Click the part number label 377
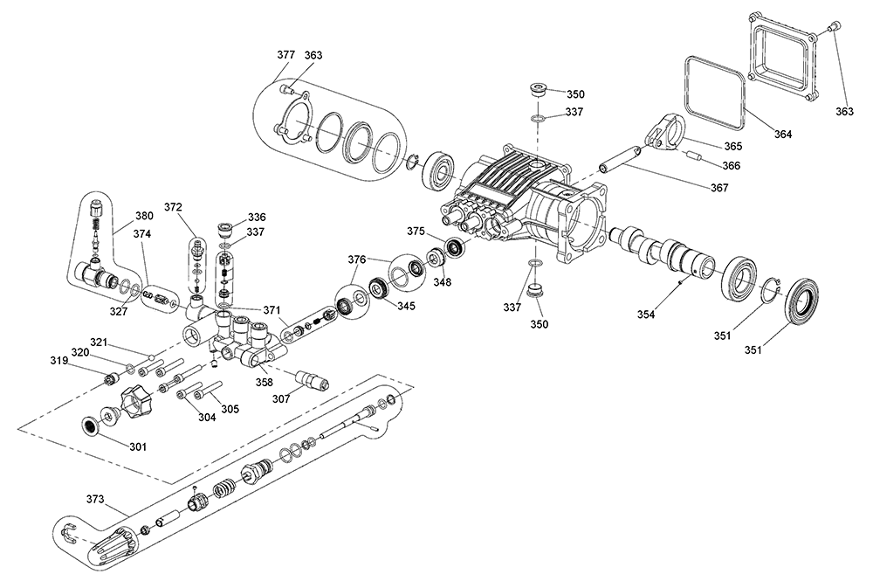(x=286, y=55)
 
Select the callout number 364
(x=783, y=134)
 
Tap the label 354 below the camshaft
(x=646, y=315)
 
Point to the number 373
(x=95, y=499)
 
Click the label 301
(x=138, y=446)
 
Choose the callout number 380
(x=144, y=217)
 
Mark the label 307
(x=281, y=399)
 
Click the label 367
(x=719, y=188)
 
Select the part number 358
(x=265, y=382)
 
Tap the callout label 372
(x=173, y=207)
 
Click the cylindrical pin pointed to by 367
(x=622, y=158)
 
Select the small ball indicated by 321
(x=151, y=356)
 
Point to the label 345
(x=405, y=306)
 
